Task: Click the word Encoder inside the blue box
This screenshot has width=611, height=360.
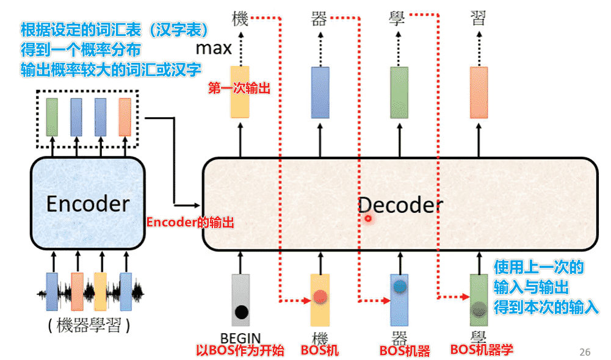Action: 88,203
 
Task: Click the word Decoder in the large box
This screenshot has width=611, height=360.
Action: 399,205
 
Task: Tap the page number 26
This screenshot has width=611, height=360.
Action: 585,352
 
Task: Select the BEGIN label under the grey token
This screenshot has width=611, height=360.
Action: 240,337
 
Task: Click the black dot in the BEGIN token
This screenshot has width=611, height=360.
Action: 241,312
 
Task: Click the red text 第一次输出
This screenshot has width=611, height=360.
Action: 240,88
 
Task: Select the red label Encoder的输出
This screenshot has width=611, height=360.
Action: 190,223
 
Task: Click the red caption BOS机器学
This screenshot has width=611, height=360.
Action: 482,350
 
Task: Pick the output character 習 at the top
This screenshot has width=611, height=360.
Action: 479,17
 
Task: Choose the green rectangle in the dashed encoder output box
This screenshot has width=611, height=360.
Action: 52,117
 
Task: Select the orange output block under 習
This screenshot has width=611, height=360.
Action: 479,92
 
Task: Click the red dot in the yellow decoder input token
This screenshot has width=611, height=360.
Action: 320,298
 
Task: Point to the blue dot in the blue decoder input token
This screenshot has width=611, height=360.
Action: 400,286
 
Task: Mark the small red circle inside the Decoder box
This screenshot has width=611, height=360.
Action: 368,218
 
